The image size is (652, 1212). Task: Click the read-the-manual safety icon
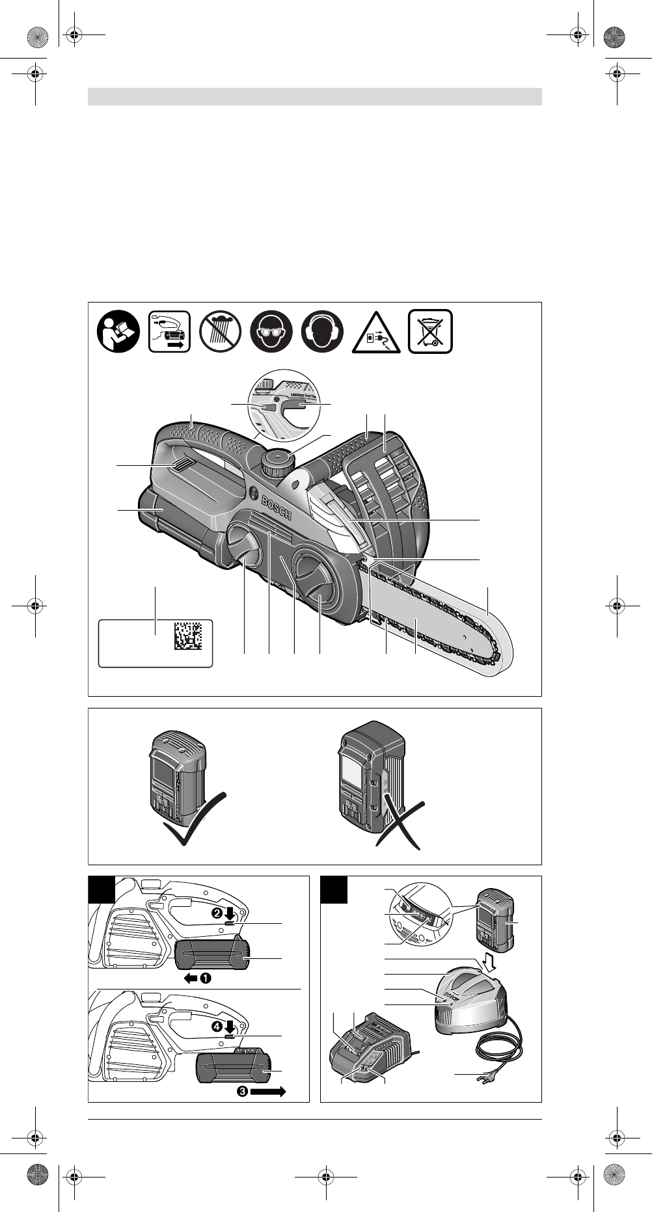[118, 331]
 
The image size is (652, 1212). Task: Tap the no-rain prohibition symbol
[221, 331]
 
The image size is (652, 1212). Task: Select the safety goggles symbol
[271, 331]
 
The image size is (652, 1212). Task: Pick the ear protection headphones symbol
[322, 331]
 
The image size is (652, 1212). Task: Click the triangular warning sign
[376, 334]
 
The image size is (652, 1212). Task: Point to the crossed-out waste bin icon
[430, 331]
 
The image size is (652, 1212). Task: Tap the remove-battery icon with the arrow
[169, 331]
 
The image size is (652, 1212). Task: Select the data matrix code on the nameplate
[188, 636]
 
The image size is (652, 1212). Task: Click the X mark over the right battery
[400, 822]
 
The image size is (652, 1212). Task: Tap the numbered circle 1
[206, 978]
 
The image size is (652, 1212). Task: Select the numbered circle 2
[217, 913]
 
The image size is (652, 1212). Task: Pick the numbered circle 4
[217, 1026]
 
